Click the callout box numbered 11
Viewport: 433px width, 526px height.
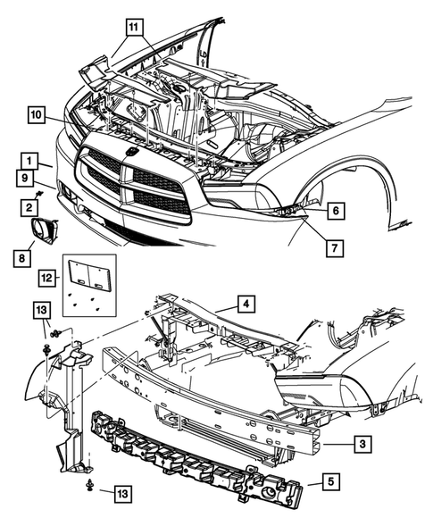(134, 27)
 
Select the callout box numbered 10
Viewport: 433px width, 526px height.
(37, 115)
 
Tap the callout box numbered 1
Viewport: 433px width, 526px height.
(29, 162)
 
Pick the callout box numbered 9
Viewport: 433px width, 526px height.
(25, 179)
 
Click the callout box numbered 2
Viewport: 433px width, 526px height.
(29, 208)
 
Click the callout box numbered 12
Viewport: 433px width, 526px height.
(47, 278)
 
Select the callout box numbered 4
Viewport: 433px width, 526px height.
(246, 305)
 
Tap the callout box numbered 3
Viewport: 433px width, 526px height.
(362, 444)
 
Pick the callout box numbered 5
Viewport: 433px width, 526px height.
(331, 481)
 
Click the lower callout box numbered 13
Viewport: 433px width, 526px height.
(122, 494)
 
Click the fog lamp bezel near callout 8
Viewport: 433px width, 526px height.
(45, 231)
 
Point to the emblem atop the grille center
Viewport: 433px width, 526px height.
(131, 152)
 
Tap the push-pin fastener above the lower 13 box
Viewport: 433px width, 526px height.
(89, 485)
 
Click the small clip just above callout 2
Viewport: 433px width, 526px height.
(39, 194)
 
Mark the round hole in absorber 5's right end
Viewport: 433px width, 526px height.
(267, 482)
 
